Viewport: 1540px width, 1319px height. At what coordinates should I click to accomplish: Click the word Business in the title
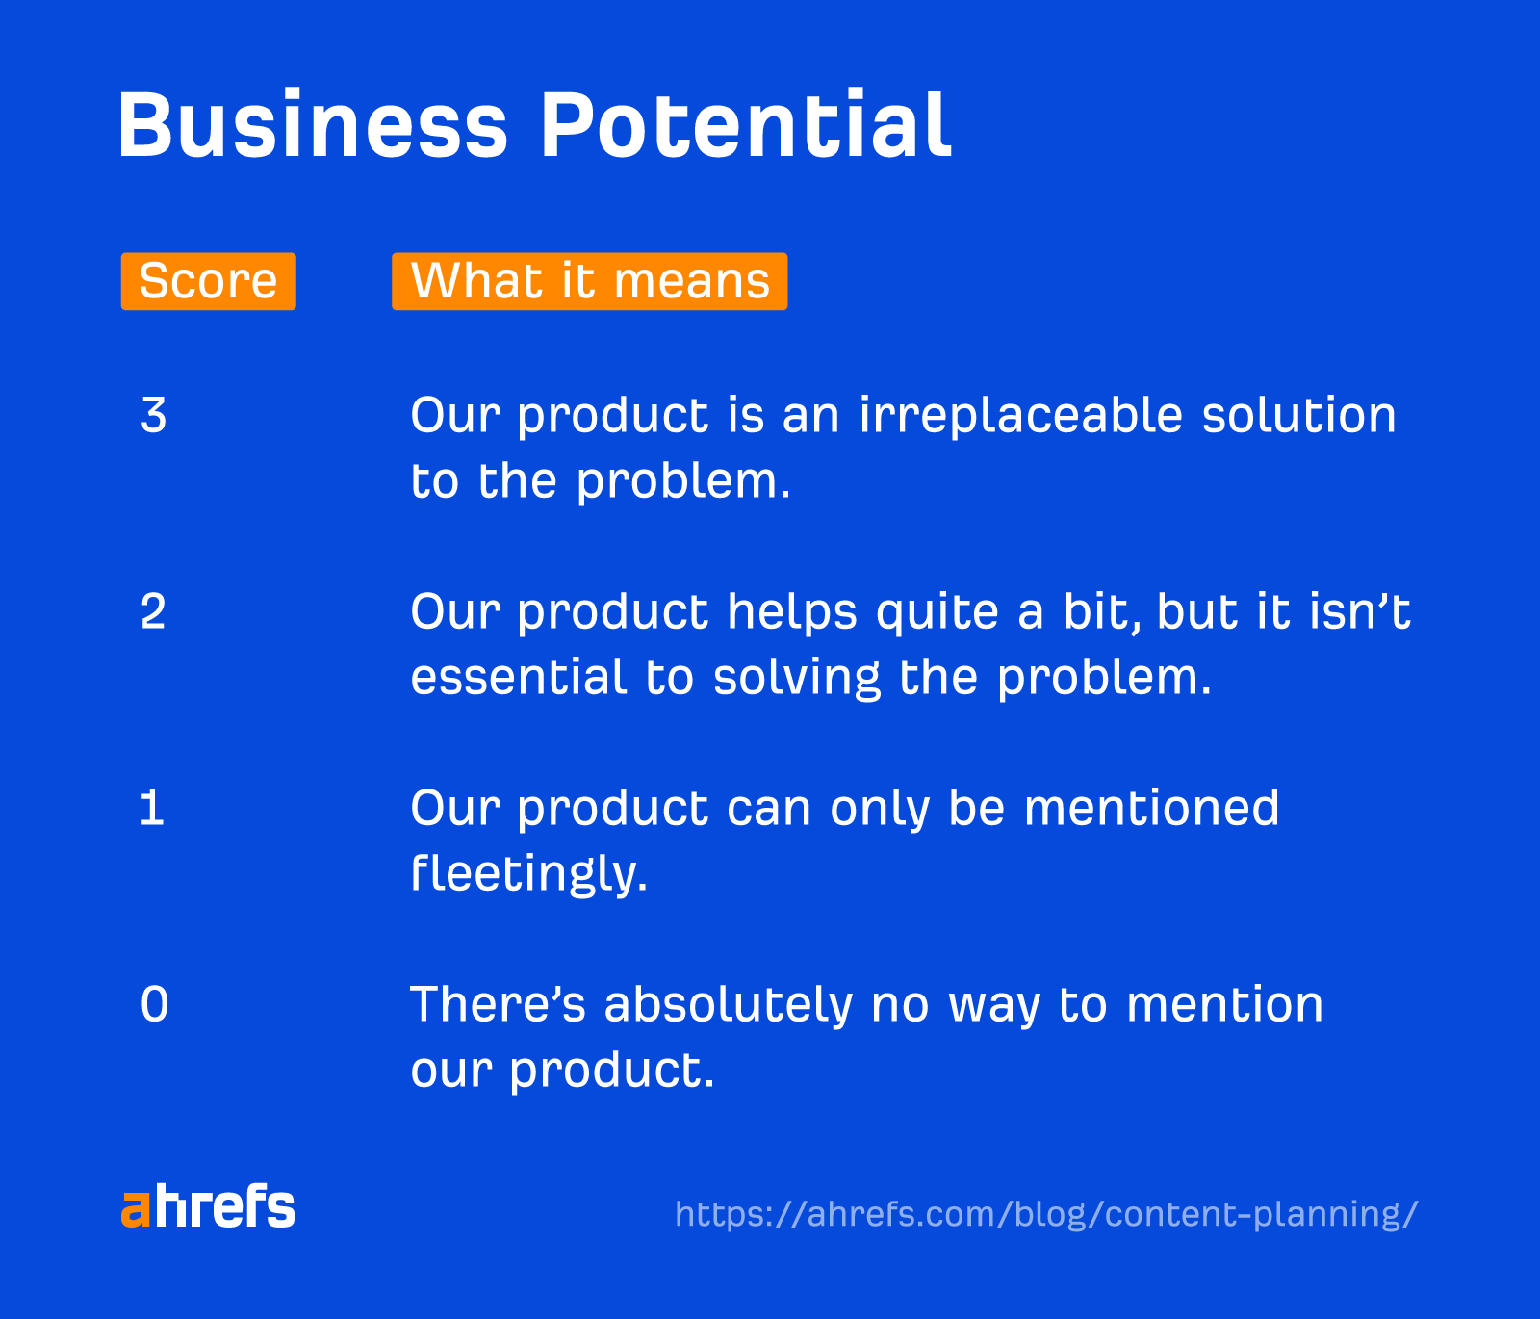coord(312,126)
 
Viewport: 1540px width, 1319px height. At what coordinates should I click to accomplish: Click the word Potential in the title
coord(745,126)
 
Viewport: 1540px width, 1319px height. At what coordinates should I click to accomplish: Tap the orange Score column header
coord(208,281)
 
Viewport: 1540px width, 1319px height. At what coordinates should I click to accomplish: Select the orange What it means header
coord(589,281)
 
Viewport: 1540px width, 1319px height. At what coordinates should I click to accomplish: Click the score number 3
coord(154,416)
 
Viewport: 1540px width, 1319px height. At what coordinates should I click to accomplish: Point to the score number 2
coord(154,612)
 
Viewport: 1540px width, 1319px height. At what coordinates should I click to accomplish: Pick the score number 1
coord(152,809)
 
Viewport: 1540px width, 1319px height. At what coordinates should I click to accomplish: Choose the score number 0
coord(154,1005)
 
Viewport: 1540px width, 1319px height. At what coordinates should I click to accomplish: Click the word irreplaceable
coord(1020,416)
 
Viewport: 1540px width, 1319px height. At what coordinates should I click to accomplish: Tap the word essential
coord(519,677)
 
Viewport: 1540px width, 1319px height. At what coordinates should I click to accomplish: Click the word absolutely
coord(728,1005)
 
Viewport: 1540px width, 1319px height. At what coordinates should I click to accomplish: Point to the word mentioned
coord(1151,809)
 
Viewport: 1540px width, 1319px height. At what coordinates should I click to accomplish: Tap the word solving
coord(796,679)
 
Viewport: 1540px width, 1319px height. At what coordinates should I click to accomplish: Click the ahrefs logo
coord(208,1208)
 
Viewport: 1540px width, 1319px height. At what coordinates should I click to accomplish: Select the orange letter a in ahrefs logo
coord(136,1211)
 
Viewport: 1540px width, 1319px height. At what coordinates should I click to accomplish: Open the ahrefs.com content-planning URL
coord(1046,1214)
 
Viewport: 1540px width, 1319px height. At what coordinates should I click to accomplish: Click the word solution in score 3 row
coord(1298,416)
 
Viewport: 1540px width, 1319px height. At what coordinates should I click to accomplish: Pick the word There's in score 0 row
coord(498,1005)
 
